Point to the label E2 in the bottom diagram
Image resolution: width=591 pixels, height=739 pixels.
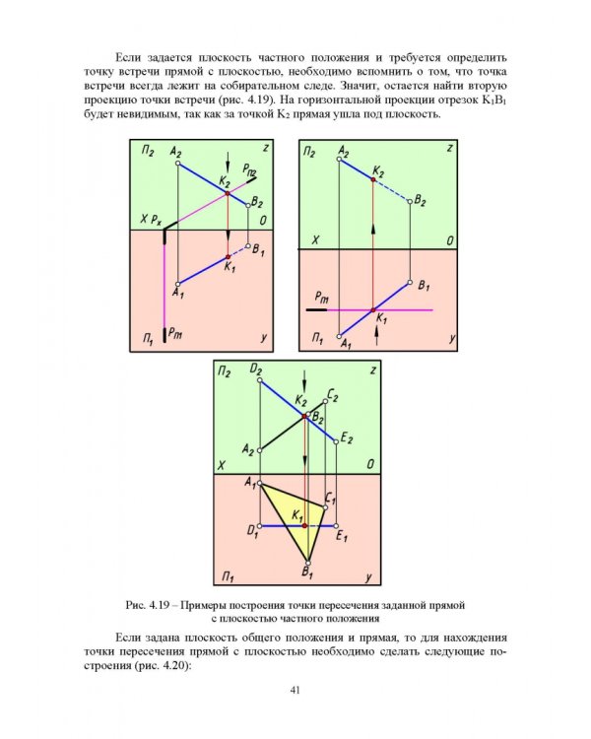pos(347,437)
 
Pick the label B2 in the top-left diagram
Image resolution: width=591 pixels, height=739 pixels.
pos(257,202)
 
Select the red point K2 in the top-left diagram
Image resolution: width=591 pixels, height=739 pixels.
pos(228,193)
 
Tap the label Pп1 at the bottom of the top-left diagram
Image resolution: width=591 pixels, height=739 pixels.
pos(175,335)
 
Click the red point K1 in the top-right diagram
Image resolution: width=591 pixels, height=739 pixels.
pos(373,308)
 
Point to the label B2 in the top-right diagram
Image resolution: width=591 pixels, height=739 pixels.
pos(421,200)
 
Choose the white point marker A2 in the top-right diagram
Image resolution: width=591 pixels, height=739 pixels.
pos(339,161)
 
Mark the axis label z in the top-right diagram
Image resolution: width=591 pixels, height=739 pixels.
pos(448,149)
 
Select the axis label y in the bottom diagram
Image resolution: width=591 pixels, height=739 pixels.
pos(366,574)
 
